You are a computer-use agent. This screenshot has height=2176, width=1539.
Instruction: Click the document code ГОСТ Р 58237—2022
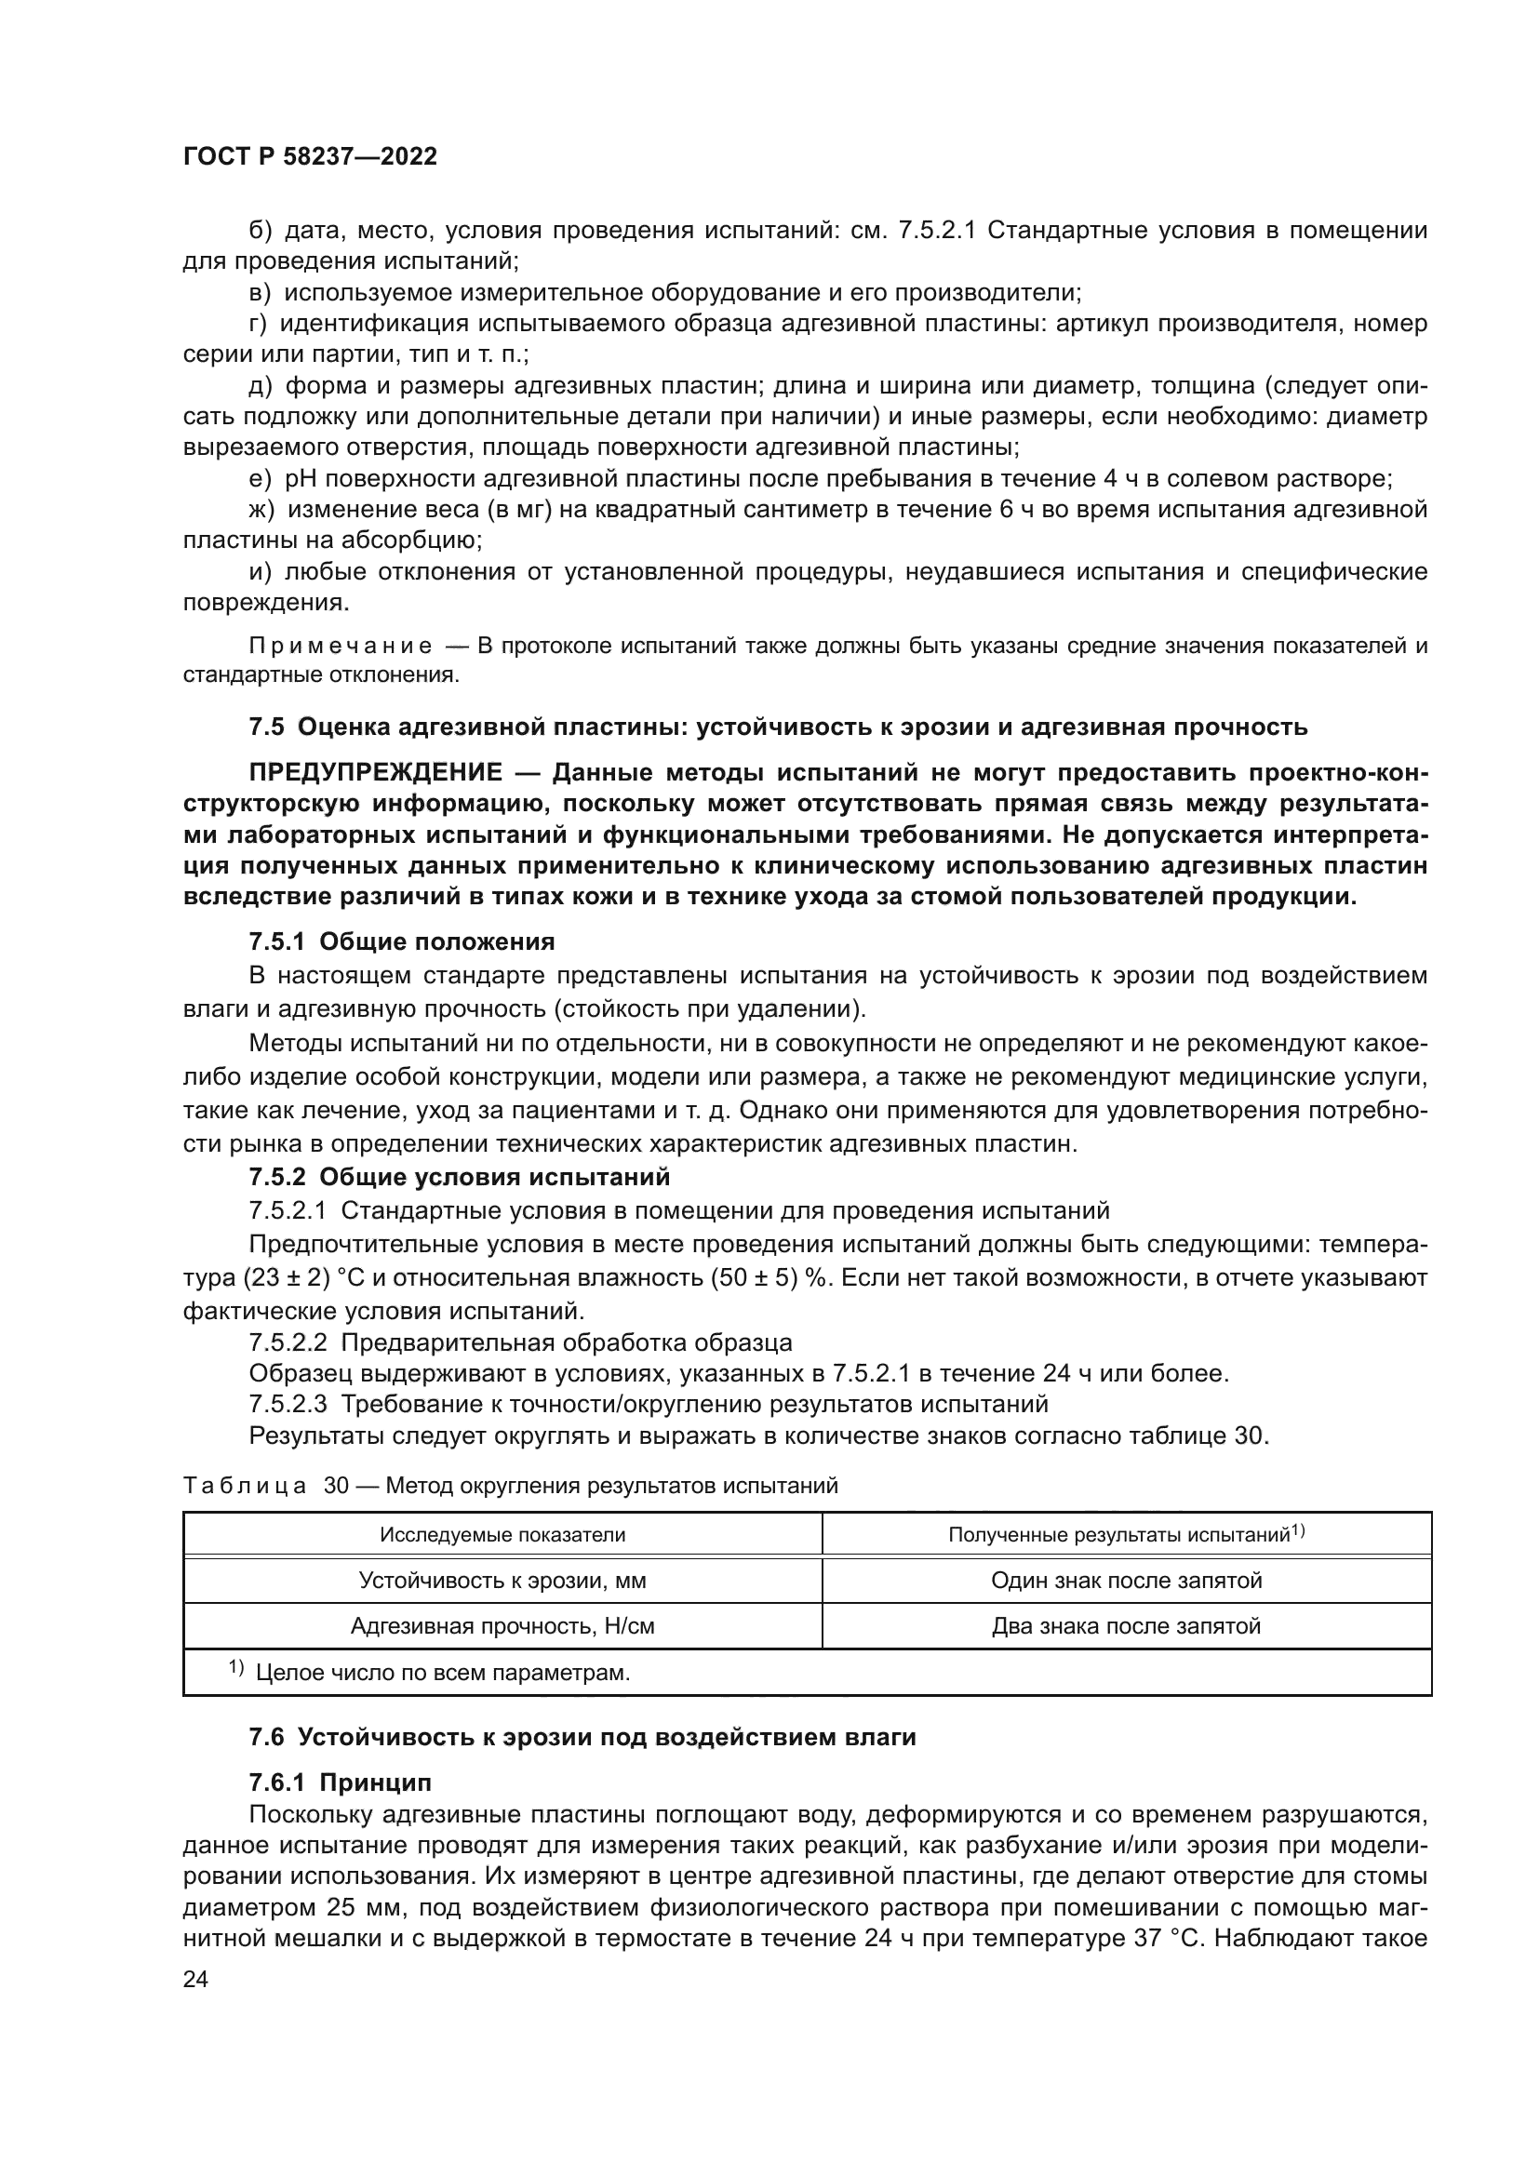click(x=310, y=157)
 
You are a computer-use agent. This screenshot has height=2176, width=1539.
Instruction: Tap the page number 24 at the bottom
click(x=195, y=1980)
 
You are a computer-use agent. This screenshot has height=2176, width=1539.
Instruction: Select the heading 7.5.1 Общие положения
click(x=402, y=941)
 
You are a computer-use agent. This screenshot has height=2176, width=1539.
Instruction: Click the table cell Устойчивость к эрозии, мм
click(x=502, y=1580)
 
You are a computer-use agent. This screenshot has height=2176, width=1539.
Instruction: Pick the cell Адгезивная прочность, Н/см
click(x=502, y=1626)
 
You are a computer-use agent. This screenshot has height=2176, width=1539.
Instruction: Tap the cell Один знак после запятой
click(x=1126, y=1580)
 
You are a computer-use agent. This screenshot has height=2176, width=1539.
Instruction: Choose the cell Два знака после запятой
click(x=1126, y=1626)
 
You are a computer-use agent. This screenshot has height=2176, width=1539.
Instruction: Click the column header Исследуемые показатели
click(x=502, y=1534)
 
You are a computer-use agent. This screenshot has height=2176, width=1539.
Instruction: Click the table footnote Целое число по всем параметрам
click(x=443, y=1673)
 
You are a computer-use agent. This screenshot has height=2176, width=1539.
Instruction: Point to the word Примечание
click(x=341, y=647)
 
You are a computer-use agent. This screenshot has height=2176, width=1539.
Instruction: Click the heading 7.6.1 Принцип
click(x=341, y=1782)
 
